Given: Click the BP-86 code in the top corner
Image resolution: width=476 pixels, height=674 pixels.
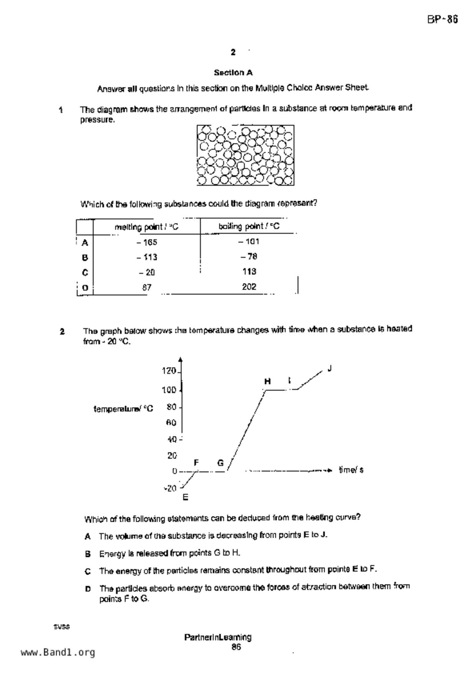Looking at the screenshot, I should (x=442, y=20).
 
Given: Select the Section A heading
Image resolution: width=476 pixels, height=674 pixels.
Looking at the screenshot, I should (x=233, y=73).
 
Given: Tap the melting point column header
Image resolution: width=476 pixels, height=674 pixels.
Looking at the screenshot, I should (x=146, y=227).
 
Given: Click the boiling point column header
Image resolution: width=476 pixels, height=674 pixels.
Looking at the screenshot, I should (x=249, y=226).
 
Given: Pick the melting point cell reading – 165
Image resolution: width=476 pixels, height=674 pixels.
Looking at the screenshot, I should (x=146, y=242).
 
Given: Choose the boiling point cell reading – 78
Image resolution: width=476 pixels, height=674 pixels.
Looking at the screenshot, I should (x=249, y=257).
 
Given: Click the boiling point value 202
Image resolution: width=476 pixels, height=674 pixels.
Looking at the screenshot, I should (x=249, y=287).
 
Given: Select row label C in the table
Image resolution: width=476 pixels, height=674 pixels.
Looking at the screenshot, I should (x=85, y=272).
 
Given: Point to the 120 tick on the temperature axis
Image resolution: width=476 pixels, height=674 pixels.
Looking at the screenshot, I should (x=169, y=371).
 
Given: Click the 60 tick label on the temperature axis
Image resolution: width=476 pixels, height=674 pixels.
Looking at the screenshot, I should (x=171, y=423).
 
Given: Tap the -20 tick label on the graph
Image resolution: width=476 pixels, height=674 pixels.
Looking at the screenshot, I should (x=170, y=488).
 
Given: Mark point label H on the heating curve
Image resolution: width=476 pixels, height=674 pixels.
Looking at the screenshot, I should (x=267, y=381).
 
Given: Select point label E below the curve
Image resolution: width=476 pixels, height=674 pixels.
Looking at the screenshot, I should (x=185, y=498).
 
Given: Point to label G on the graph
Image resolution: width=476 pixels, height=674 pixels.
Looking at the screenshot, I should (x=220, y=463).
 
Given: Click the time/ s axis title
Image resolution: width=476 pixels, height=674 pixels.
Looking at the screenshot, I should (x=351, y=470).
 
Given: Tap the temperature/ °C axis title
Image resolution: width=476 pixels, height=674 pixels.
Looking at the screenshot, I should (x=123, y=409).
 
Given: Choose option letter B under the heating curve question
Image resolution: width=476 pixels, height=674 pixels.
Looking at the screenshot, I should (x=88, y=554).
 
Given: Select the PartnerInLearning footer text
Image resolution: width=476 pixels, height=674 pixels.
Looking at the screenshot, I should (x=218, y=637).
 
